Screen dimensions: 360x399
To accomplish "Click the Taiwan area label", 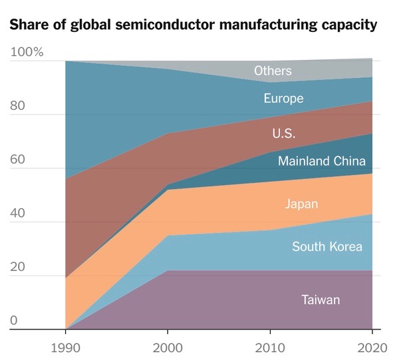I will coord(321,300).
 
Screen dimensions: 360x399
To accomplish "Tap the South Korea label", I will coord(327,247).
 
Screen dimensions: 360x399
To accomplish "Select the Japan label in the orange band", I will coord(301,204).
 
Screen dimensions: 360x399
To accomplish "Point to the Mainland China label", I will coord(321,161).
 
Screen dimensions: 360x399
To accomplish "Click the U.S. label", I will coord(283,133).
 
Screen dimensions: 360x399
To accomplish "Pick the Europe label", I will coord(283,98).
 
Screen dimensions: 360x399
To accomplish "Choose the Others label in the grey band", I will coord(273,71).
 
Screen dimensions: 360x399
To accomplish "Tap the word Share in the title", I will coord(27,26).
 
